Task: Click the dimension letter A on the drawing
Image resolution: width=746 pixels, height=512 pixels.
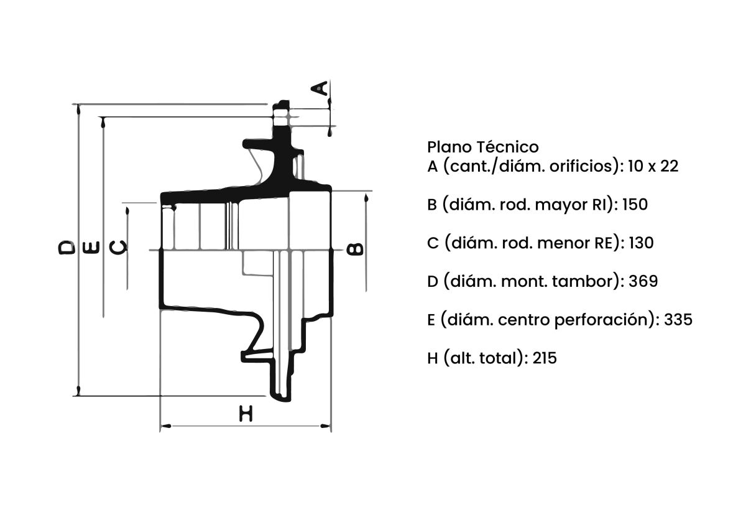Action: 319,88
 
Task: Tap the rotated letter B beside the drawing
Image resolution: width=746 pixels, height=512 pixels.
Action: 355,249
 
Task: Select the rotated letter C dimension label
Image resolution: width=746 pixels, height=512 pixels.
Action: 118,248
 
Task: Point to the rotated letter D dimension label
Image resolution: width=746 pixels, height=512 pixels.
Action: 67,248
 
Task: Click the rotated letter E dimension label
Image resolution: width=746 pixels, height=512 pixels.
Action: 91,248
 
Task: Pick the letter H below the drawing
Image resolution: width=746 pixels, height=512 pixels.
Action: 246,414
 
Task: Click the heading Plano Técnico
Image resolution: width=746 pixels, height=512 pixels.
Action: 483,147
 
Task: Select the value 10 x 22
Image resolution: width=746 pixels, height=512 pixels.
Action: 653,166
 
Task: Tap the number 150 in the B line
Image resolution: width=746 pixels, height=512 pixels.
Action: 635,204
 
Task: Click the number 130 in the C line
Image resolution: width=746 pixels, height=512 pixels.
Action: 641,243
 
